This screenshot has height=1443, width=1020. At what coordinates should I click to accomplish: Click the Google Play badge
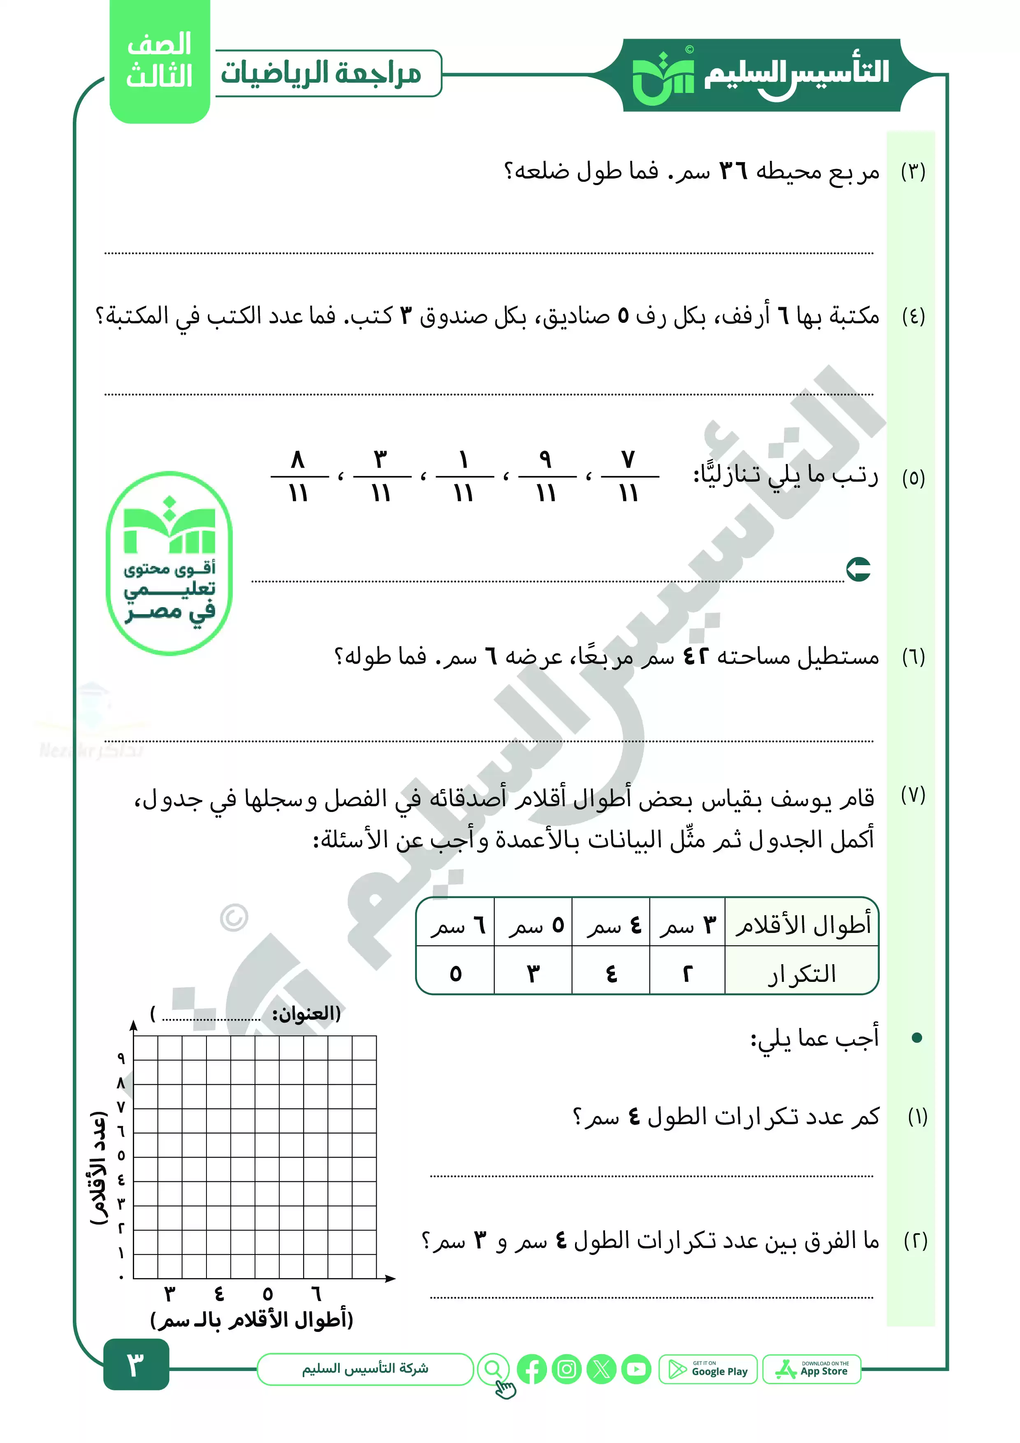point(708,1369)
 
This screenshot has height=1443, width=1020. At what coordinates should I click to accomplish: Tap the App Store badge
point(811,1369)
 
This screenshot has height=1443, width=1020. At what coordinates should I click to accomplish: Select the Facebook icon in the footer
point(532,1369)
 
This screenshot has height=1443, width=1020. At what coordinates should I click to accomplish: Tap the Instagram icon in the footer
point(567,1369)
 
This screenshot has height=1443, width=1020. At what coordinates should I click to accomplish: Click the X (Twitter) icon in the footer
point(601,1369)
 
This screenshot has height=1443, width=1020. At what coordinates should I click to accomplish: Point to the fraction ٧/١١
point(629,476)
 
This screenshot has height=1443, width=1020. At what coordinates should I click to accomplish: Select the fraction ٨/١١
point(299,476)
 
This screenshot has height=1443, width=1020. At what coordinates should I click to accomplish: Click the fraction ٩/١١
point(546,476)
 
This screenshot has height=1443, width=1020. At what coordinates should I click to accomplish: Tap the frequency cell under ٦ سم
point(456,974)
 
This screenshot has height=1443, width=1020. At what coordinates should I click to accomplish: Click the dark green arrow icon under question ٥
point(858,569)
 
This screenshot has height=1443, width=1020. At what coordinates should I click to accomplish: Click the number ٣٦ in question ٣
point(733,171)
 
